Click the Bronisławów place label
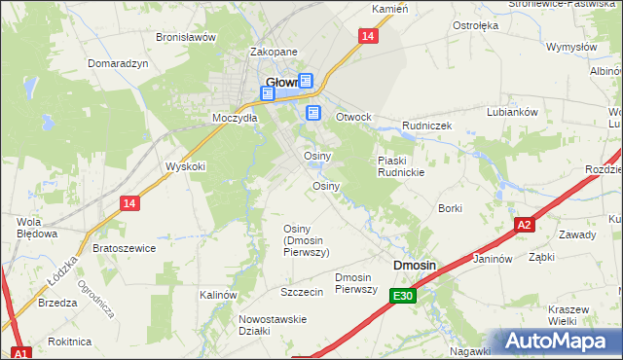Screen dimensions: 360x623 point(185,37)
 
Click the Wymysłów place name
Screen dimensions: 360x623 point(570,47)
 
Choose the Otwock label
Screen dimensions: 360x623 point(353,117)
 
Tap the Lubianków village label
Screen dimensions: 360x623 point(512,112)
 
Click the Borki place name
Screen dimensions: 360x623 point(450,208)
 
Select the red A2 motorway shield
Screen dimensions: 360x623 point(524,225)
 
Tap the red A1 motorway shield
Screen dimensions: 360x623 point(20,352)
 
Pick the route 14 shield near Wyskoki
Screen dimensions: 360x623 point(129,202)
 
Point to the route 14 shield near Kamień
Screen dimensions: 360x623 point(366,36)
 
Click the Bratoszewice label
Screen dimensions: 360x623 point(124,248)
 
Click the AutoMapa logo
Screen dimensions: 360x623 point(557,342)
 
